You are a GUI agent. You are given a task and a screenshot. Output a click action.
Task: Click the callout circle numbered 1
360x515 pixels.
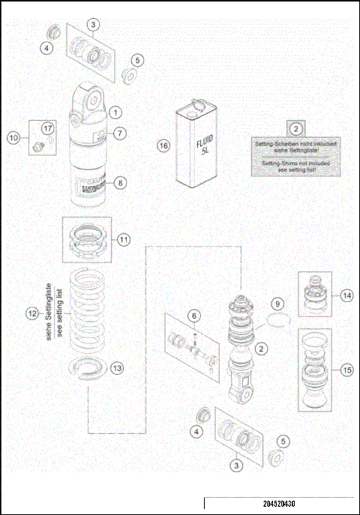[115, 112]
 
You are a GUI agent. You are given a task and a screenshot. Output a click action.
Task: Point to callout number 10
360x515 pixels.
[13, 137]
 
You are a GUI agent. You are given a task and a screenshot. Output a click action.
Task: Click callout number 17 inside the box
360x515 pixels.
[46, 128]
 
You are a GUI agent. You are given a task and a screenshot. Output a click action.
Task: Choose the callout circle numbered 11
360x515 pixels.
[123, 240]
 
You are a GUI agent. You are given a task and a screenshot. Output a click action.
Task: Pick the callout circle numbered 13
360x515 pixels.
[116, 367]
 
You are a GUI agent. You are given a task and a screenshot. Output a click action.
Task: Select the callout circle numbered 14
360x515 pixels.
[345, 295]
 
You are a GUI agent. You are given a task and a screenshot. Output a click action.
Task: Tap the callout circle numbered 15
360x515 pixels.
[345, 369]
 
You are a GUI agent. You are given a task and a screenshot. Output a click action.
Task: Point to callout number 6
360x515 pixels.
[193, 316]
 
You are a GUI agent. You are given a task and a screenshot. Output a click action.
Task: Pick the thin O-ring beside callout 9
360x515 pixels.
[277, 324]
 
